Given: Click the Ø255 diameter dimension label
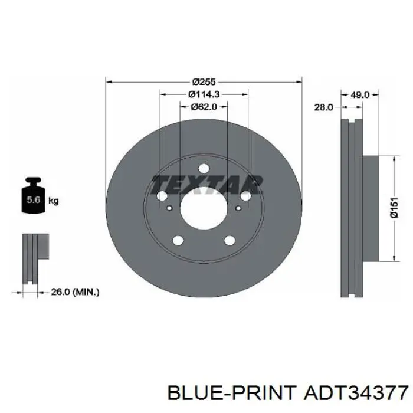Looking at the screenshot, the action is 204,82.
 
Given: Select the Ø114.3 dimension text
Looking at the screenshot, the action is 204,94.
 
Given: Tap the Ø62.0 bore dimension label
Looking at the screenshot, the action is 204,107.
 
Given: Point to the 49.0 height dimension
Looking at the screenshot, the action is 360,94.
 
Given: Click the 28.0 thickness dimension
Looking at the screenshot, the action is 324,107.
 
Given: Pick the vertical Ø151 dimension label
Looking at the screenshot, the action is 394,208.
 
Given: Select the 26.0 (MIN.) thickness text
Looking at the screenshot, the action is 75,292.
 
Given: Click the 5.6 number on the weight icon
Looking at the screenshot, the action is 34,199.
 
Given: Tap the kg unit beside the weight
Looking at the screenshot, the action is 54,201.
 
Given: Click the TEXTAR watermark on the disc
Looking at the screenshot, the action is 206,185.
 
